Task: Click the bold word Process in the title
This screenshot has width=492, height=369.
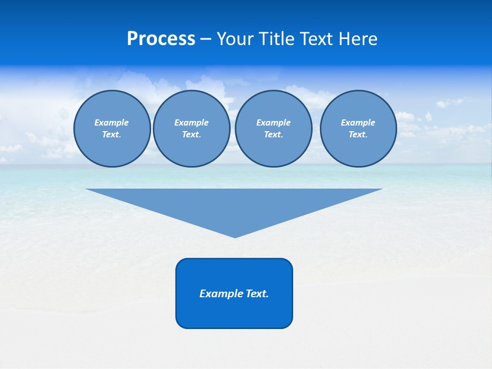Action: [161, 39]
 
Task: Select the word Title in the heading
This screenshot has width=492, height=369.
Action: [277, 39]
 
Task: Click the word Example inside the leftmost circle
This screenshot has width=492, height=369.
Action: [112, 122]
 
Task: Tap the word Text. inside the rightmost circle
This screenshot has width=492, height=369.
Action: [358, 134]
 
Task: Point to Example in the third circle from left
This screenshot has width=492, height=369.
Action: [273, 122]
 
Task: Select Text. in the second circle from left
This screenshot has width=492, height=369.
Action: [191, 134]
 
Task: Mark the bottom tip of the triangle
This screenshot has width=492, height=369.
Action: [235, 236]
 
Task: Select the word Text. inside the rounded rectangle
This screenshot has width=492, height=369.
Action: [257, 294]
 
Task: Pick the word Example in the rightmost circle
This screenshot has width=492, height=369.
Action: [358, 122]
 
